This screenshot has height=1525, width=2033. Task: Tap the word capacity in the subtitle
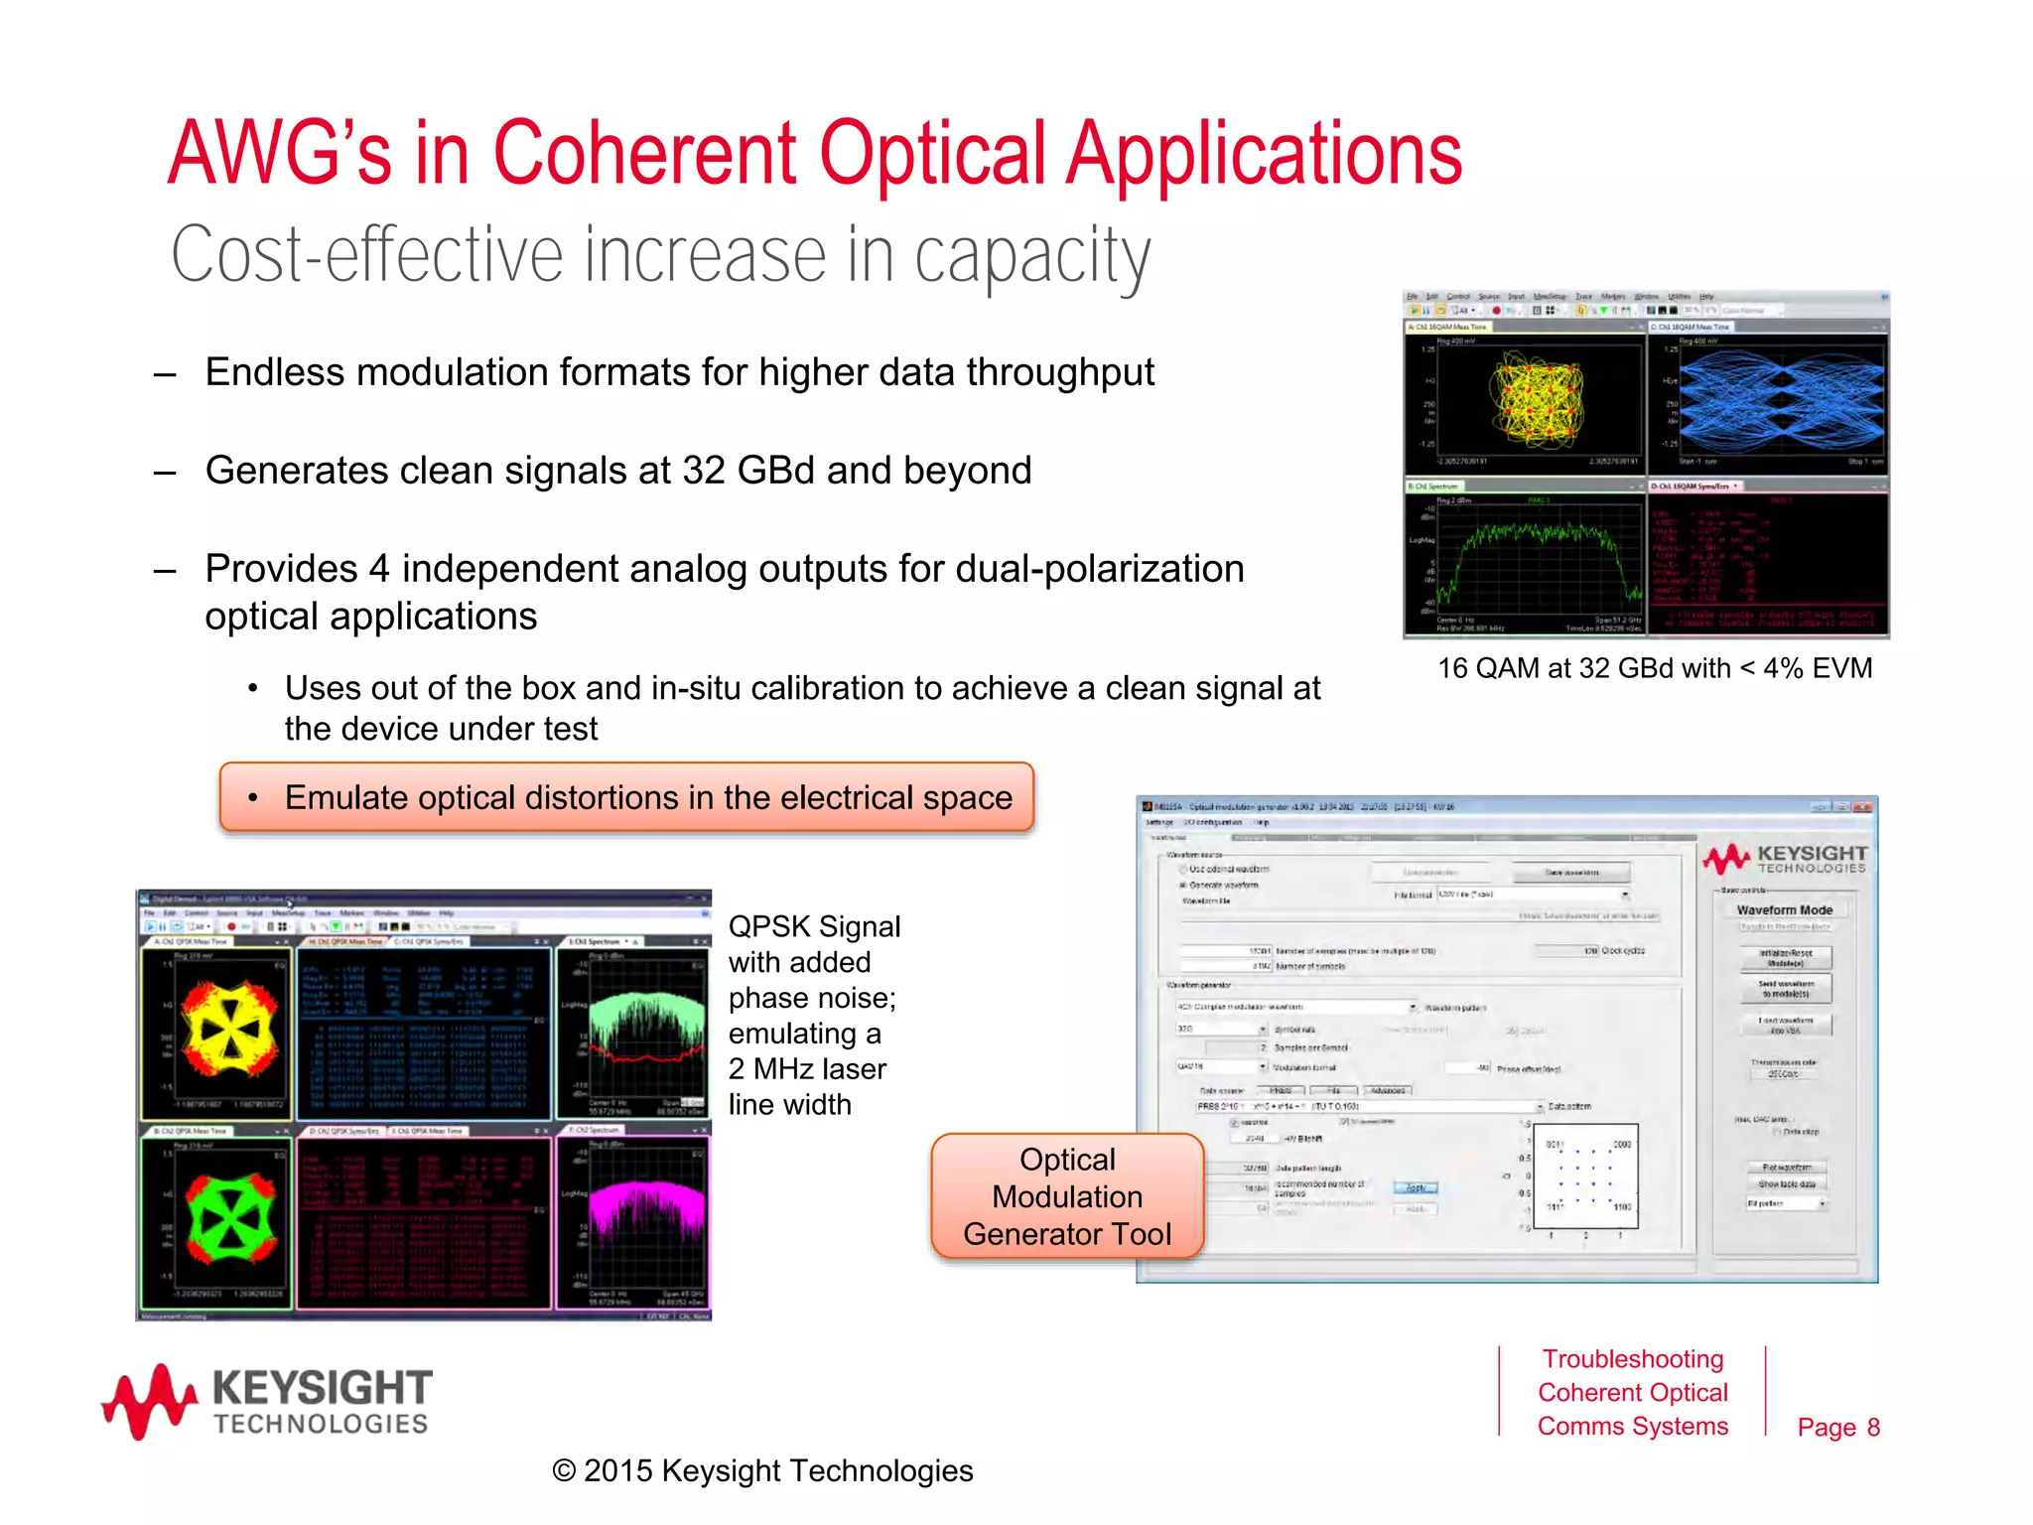(1031, 256)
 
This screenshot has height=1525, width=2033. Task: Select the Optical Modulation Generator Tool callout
(1067, 1196)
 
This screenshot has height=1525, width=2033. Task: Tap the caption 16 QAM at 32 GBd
(1655, 668)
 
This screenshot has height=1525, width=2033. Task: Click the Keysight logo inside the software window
(1785, 859)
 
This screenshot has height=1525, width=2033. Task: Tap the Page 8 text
(1837, 1427)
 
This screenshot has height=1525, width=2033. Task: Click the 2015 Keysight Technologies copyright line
(762, 1470)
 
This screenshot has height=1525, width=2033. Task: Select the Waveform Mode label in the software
(1784, 909)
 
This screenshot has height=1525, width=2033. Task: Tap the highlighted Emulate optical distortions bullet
(627, 797)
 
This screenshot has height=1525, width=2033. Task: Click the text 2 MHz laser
(807, 1069)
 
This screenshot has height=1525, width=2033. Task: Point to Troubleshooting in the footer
(1632, 1359)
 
